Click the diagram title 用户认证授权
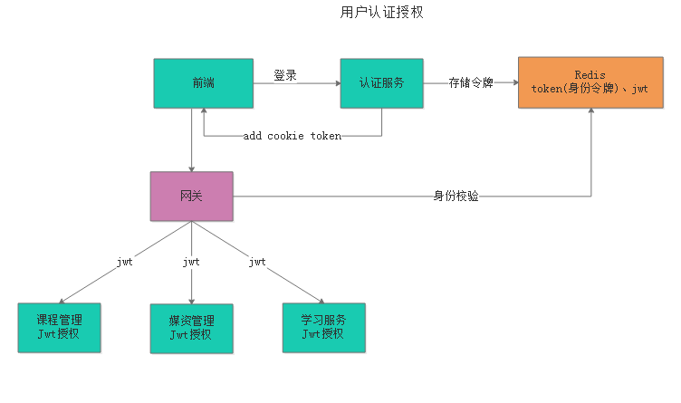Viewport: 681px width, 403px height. (380, 13)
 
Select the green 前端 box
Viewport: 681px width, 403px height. (203, 83)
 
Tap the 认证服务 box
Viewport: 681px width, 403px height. (380, 83)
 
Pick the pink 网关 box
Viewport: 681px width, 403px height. (191, 197)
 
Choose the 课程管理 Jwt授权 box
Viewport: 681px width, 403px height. (59, 328)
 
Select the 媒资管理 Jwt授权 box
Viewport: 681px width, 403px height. (191, 328)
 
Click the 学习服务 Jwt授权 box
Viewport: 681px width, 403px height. (323, 328)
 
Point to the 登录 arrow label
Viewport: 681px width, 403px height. (285, 75)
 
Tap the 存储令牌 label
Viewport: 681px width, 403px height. (471, 83)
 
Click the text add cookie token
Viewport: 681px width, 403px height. (292, 136)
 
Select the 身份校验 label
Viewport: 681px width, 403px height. (456, 196)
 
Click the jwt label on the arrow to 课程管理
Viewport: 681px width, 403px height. (125, 262)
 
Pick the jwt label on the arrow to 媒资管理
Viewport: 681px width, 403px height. (191, 262)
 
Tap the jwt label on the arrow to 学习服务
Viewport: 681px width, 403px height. (257, 262)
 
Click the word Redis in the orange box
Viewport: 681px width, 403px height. (590, 74)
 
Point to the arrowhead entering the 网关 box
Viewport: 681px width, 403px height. (191, 168)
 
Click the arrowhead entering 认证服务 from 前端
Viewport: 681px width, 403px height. (336, 83)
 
